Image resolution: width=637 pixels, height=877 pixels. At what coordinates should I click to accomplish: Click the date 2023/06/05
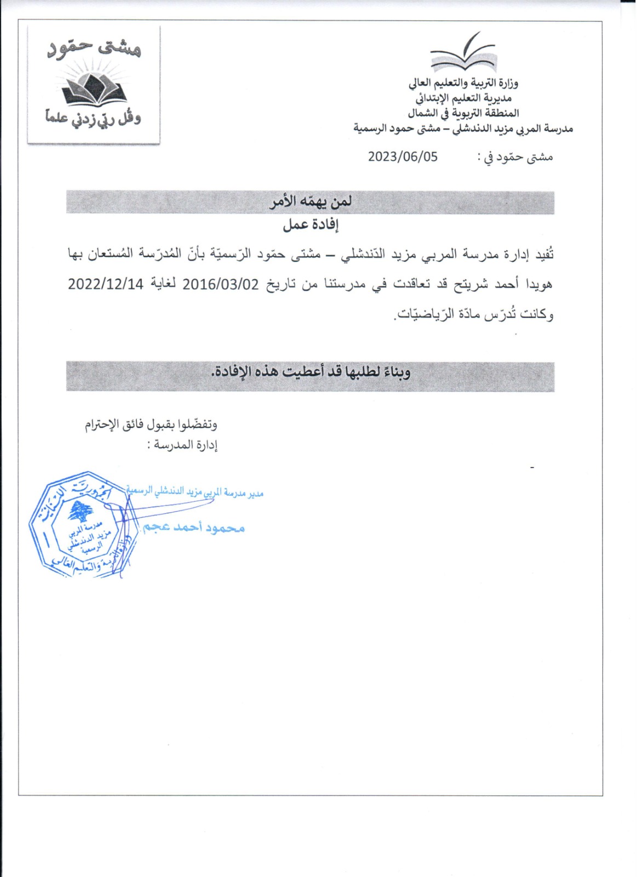(x=403, y=157)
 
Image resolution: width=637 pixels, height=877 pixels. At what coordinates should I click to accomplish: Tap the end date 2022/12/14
(x=105, y=284)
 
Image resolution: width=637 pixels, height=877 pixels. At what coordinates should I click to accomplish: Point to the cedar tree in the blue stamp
(x=80, y=511)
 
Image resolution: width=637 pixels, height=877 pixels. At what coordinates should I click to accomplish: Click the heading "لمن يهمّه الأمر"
(x=311, y=202)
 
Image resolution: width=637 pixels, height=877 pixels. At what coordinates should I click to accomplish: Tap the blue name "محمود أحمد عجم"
(x=193, y=527)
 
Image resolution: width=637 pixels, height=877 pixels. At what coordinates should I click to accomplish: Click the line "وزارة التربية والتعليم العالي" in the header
(x=463, y=83)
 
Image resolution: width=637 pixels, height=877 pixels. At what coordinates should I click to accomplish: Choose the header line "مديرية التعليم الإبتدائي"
(x=463, y=98)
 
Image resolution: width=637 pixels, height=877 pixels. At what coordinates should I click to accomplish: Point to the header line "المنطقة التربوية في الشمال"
(x=463, y=113)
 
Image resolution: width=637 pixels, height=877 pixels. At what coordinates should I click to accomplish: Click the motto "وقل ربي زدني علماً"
(x=93, y=117)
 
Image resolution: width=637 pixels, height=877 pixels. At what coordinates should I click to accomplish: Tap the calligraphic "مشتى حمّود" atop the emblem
(x=94, y=49)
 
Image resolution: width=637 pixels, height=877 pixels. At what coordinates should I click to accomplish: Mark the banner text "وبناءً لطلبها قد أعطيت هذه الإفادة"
(x=311, y=372)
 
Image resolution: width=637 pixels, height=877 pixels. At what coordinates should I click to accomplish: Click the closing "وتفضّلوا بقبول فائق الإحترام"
(x=151, y=425)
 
